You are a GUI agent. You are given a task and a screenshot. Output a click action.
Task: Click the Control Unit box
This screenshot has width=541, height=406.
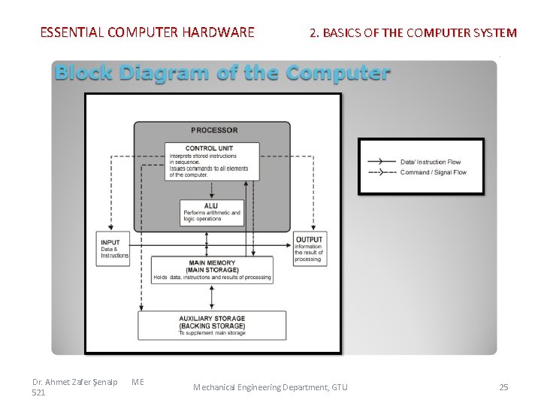point(212,161)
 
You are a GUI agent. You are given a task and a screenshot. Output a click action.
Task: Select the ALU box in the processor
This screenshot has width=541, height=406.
point(212,212)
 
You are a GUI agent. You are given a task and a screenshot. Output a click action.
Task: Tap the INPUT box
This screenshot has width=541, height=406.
point(115,249)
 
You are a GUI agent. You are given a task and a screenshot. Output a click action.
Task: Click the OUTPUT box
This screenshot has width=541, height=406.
point(309,249)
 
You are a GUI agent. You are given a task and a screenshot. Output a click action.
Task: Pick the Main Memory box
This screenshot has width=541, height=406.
point(212,270)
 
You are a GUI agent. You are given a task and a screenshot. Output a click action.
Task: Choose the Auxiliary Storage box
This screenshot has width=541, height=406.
point(212,326)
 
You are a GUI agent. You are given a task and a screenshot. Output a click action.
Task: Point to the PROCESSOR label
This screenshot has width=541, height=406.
point(214,130)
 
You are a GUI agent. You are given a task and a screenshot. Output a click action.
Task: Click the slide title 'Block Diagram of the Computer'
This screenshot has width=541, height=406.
point(222,73)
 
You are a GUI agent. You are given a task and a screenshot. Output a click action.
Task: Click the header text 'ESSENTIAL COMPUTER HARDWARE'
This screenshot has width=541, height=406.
point(147,32)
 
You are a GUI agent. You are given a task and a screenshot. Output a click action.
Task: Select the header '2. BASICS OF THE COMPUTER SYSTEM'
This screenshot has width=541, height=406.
point(413,32)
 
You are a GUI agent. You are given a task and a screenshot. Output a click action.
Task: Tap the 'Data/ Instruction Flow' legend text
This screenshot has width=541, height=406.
point(431,162)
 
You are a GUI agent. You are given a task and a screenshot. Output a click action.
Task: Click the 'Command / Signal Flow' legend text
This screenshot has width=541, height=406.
point(434,172)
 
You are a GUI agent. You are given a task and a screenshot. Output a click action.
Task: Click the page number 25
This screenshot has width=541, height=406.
point(503,387)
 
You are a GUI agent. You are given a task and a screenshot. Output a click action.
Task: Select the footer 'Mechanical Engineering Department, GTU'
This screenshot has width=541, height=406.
point(270,387)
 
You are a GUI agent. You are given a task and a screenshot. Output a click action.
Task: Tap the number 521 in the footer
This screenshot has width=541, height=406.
point(40,392)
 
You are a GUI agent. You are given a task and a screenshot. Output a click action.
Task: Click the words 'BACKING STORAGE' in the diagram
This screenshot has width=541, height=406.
point(212,326)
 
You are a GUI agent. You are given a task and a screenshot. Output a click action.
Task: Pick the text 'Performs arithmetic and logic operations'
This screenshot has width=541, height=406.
point(212,217)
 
